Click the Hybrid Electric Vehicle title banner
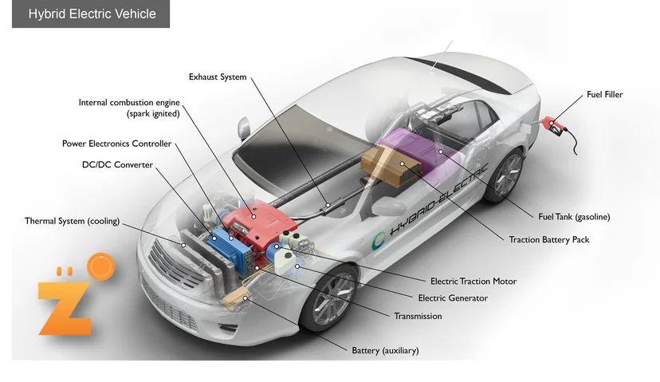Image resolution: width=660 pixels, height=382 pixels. point(91,14)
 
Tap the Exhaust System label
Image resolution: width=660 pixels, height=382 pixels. point(218,77)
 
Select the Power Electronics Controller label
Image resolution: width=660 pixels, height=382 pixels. point(117,144)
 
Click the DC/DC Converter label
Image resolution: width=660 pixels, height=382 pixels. point(117,164)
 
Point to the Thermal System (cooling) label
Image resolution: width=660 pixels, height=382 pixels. point(72,221)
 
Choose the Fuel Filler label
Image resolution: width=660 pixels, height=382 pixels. point(605,95)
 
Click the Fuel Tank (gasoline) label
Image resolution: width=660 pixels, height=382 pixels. point(574,217)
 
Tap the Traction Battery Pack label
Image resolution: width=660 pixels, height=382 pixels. point(549,239)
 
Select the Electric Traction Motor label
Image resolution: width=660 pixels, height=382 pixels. point(473,282)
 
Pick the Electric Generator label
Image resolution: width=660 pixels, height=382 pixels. point(453,298)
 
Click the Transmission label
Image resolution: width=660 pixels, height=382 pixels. point(418,317)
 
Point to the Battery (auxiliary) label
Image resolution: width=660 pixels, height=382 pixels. point(385,350)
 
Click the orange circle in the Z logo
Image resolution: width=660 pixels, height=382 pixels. point(101,266)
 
